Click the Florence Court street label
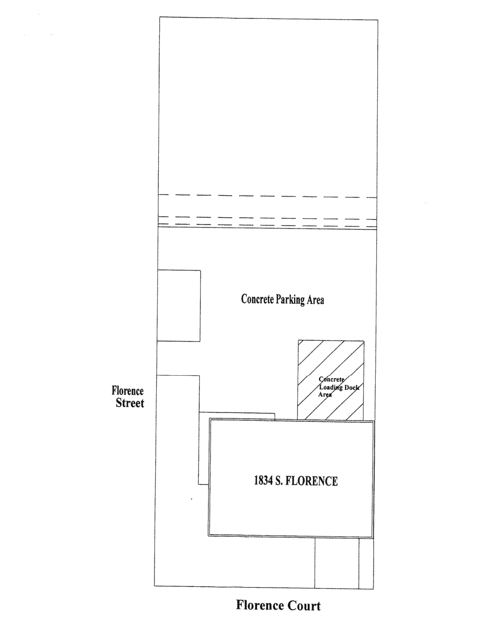(278, 605)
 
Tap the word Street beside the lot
(130, 403)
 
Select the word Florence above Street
(127, 391)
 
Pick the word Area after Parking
(315, 300)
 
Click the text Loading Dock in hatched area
(337, 387)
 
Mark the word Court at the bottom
(301, 605)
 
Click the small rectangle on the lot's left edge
(178, 305)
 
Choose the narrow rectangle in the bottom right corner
(366, 563)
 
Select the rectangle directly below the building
(336, 563)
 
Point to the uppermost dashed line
(267, 196)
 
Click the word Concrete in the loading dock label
(332, 380)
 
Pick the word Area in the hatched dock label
(325, 394)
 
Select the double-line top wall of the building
(291, 421)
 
